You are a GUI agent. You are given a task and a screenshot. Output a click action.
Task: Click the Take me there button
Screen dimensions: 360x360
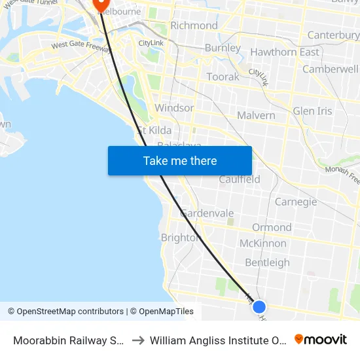[180, 160]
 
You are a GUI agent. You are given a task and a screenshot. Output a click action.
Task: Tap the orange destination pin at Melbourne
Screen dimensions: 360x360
[101, 4]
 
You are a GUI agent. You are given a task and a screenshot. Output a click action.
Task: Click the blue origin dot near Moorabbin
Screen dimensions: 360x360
[259, 306]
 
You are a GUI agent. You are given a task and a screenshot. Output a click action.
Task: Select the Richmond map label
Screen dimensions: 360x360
[194, 26]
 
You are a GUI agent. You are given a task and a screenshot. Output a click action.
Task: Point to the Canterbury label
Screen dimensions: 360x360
[333, 35]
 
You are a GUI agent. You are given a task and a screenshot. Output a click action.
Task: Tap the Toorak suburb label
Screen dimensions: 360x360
[223, 77]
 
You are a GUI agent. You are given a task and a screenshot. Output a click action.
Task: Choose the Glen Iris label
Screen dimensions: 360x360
[312, 111]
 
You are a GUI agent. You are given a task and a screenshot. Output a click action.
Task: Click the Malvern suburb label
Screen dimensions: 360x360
[256, 115]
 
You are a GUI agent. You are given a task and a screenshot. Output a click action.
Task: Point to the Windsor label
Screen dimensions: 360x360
[174, 108]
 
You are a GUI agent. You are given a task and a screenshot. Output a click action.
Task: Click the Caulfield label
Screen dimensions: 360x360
[240, 179]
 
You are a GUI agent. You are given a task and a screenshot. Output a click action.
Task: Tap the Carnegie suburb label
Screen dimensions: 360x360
[296, 202]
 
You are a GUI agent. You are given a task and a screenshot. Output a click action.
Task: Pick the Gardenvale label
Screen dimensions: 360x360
[207, 213]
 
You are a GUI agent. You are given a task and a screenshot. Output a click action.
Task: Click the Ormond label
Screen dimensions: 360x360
[272, 227]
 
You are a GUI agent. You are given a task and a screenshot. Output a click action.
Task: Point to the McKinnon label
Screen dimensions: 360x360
[262, 243]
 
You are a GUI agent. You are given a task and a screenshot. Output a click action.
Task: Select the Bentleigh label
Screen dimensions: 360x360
[267, 262]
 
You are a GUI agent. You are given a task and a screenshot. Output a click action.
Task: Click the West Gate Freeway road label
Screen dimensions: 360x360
[80, 45]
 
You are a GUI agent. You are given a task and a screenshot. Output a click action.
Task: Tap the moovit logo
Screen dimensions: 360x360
[321, 340]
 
